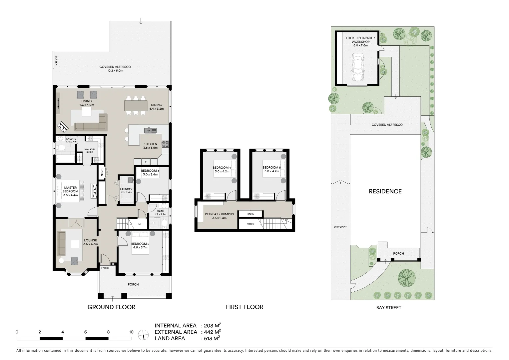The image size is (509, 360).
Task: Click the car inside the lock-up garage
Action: point(357,69)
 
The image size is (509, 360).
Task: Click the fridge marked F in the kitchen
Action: point(146,162)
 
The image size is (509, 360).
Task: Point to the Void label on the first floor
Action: point(250,224)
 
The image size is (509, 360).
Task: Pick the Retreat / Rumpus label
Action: point(219,216)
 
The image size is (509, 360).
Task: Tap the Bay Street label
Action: point(388,308)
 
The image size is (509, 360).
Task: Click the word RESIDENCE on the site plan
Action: point(385,191)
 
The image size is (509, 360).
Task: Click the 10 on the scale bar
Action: point(131,332)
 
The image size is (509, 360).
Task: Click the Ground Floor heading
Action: point(111,307)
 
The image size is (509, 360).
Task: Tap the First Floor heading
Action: point(245,307)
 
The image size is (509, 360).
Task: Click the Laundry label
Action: point(126,191)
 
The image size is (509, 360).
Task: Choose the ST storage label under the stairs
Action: point(140,224)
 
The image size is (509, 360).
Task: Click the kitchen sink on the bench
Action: point(148,130)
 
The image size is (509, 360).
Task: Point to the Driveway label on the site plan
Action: point(340,227)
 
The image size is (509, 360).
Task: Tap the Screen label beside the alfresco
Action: point(56,60)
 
